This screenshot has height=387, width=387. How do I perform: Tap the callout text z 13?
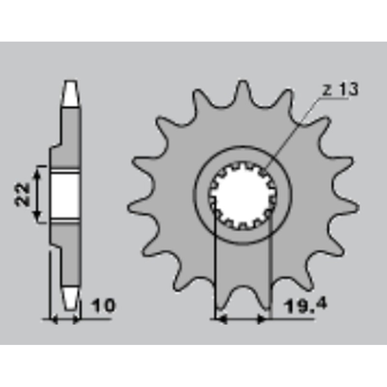340,89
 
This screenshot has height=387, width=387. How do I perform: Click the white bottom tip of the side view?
71,297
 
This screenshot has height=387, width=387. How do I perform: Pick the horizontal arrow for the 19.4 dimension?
240,319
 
